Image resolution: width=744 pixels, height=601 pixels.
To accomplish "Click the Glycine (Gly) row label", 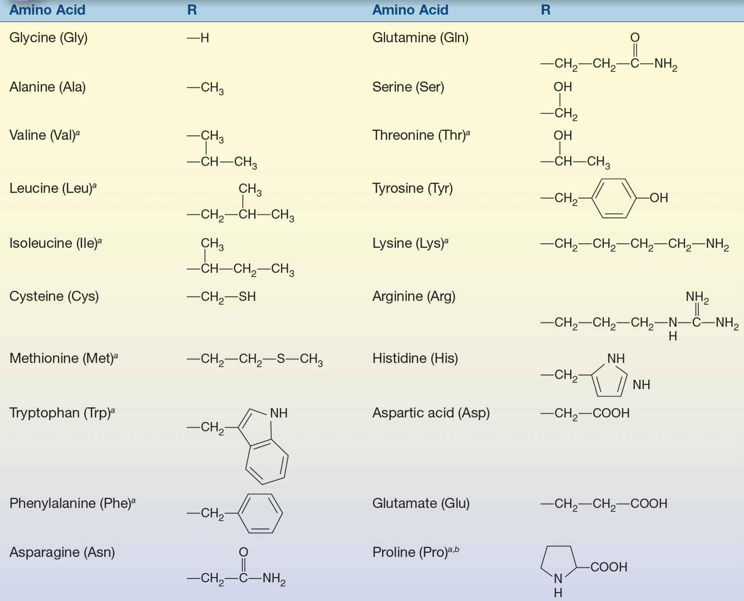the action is (x=48, y=38).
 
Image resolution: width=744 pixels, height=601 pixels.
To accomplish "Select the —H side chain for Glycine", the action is (x=198, y=38).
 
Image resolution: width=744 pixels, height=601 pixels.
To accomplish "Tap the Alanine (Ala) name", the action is (x=47, y=87).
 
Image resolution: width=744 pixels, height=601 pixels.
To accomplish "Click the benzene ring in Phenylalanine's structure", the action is (x=260, y=513).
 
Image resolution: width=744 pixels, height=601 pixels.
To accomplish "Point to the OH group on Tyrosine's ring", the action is (x=659, y=198).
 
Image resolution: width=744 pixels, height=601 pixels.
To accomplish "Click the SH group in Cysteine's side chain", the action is (x=247, y=296).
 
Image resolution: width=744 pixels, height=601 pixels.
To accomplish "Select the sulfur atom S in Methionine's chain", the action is (x=281, y=359).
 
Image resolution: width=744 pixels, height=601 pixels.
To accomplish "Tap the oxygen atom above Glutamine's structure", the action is (x=635, y=37).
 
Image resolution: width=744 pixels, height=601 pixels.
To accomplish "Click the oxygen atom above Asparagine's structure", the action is (x=243, y=552).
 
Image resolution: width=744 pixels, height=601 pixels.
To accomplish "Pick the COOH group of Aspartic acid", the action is (x=611, y=413).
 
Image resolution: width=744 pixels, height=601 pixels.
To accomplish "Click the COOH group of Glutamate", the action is (x=649, y=504).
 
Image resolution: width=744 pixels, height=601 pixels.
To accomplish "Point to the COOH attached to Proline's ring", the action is (x=609, y=567).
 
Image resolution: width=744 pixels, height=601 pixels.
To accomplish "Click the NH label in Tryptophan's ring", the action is (x=279, y=413).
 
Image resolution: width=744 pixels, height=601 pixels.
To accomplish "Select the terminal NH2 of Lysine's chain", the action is (x=718, y=244).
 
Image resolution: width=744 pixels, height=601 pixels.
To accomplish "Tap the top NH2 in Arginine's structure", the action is (x=697, y=297).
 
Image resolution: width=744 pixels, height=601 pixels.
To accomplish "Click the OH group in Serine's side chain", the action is (x=563, y=87).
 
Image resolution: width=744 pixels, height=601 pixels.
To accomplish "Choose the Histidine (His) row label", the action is (x=415, y=359).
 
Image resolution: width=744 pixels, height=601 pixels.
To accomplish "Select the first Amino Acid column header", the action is (x=47, y=10).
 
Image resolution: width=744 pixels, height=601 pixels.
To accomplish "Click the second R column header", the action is (x=546, y=10).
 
